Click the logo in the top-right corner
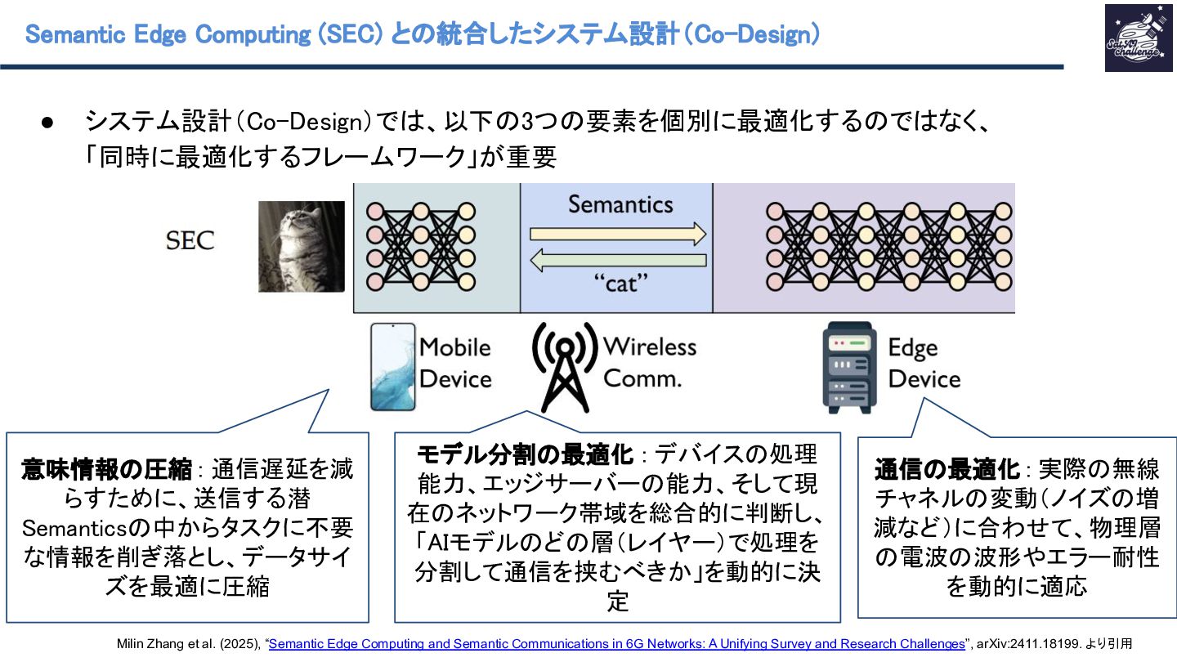pyautogui.click(x=1138, y=38)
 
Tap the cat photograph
pyautogui.click(x=302, y=246)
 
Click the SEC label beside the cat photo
pyautogui.click(x=190, y=240)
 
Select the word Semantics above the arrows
pyautogui.click(x=620, y=204)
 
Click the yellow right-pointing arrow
pyautogui.click(x=618, y=235)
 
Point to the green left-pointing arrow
pyautogui.click(x=618, y=261)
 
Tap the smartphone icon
pyautogui.click(x=392, y=366)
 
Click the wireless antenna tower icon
pyautogui.click(x=562, y=368)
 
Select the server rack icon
pyautogui.click(x=848, y=367)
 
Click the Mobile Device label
pyautogui.click(x=454, y=363)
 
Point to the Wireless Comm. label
pyautogui.click(x=649, y=362)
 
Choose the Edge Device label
pyautogui.click(x=924, y=364)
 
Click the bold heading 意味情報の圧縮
pyautogui.click(x=107, y=469)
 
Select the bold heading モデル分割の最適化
pyautogui.click(x=525, y=454)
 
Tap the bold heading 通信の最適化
pyautogui.click(x=947, y=469)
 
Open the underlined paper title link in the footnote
pyautogui.click(x=616, y=644)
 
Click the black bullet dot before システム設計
pyautogui.click(x=47, y=123)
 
